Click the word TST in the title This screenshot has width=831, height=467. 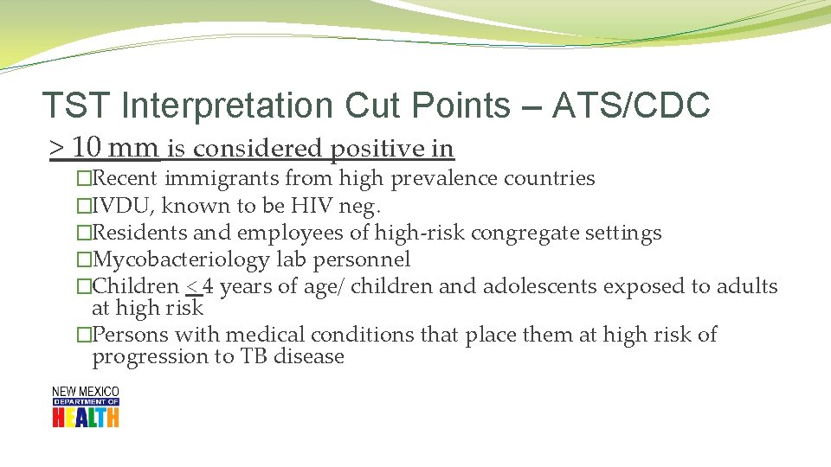click(78, 106)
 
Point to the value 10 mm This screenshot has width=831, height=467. click(116, 149)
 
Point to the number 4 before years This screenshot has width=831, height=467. click(208, 286)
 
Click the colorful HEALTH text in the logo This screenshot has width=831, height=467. click(85, 417)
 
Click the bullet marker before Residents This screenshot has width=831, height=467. click(83, 233)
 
